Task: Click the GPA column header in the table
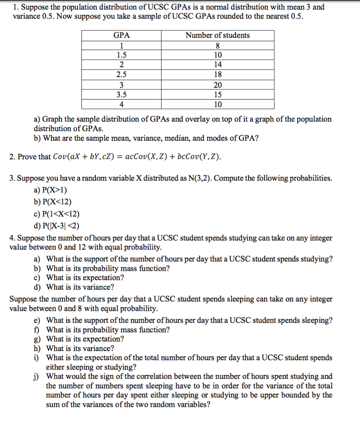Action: pyautogui.click(x=121, y=35)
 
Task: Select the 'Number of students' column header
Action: pyautogui.click(x=218, y=35)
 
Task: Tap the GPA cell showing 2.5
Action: pyautogui.click(x=121, y=75)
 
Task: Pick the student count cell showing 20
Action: pyautogui.click(x=218, y=85)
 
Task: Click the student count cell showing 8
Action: pyautogui.click(x=218, y=46)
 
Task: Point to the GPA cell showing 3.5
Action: pyautogui.click(x=121, y=95)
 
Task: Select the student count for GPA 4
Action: pyautogui.click(x=218, y=104)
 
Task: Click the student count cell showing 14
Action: pyautogui.click(x=218, y=65)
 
